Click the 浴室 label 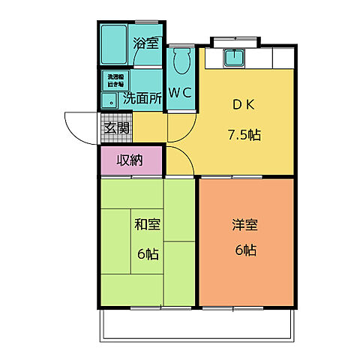(146, 43)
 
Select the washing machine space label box (115, 79)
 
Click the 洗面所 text (142, 97)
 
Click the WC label (179, 94)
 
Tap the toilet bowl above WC (180, 60)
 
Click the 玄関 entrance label (116, 128)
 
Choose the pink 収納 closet (130, 159)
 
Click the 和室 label (147, 224)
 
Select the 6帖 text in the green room (146, 253)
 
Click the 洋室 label (244, 223)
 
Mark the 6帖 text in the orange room (244, 250)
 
